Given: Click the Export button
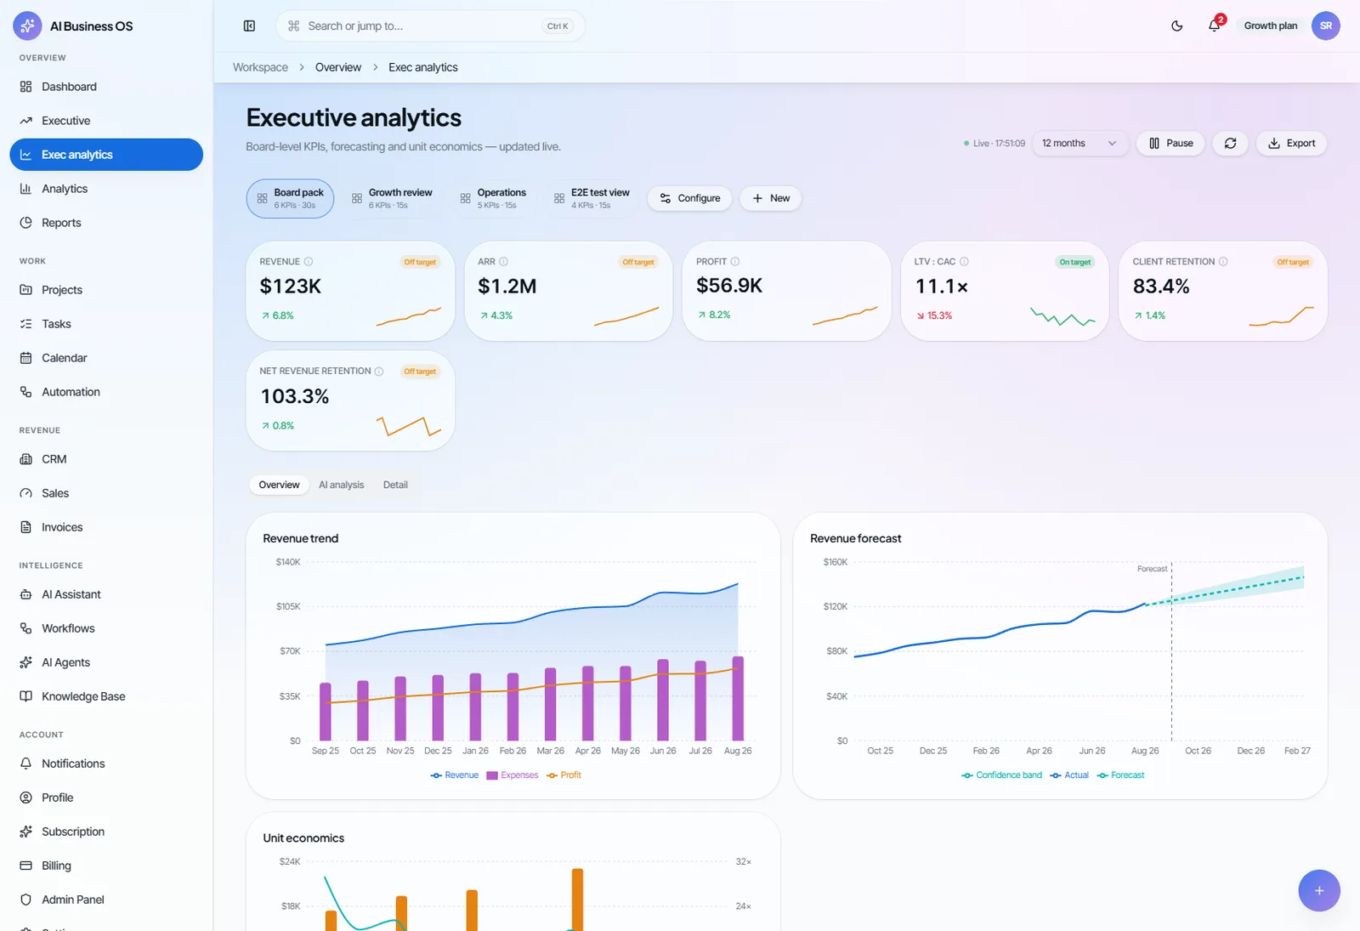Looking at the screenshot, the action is [x=1291, y=144].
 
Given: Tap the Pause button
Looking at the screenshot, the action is [x=1170, y=144].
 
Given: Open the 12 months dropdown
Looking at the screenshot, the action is [x=1079, y=144].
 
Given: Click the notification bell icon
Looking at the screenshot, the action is [x=1214, y=26].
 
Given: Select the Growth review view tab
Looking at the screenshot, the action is [x=392, y=198].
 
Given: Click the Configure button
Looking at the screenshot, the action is [x=689, y=198].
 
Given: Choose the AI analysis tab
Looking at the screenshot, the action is [x=341, y=485].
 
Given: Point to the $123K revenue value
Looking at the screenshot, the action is [x=290, y=286].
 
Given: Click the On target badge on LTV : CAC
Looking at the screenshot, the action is [x=1074, y=262].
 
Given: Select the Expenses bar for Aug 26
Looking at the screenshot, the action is [x=738, y=698].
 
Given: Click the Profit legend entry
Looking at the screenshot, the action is [x=564, y=775].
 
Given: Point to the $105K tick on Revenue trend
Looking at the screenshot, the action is [x=288, y=606].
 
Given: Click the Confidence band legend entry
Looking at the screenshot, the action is [x=1002, y=775].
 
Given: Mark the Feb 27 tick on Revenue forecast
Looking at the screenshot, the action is [x=1297, y=751].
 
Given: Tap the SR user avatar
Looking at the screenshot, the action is [x=1325, y=26].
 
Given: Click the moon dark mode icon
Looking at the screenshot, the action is [x=1176, y=26].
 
